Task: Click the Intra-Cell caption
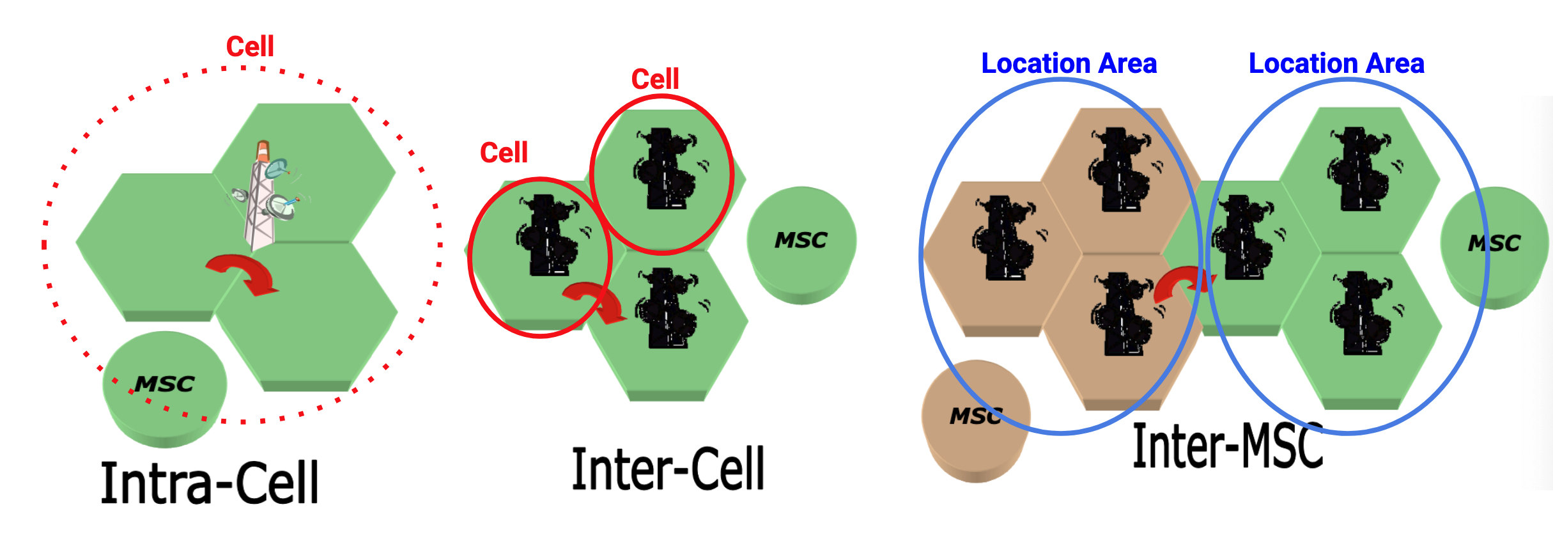coord(210,483)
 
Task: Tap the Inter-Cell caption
coord(668,470)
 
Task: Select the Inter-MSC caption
coord(1227,447)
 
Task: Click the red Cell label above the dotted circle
coord(250,47)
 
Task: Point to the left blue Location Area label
coord(1069,64)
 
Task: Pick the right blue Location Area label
coord(1336,64)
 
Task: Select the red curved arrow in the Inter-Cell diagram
coord(594,301)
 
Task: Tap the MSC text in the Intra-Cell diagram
coord(164,384)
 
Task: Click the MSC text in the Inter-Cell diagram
coord(801,240)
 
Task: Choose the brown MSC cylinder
coord(975,422)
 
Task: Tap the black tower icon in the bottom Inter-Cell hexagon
coord(668,309)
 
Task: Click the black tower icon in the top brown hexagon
coord(1120,169)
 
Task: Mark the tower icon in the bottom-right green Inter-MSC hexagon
coord(1361,313)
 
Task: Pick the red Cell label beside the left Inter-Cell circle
coord(504,153)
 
